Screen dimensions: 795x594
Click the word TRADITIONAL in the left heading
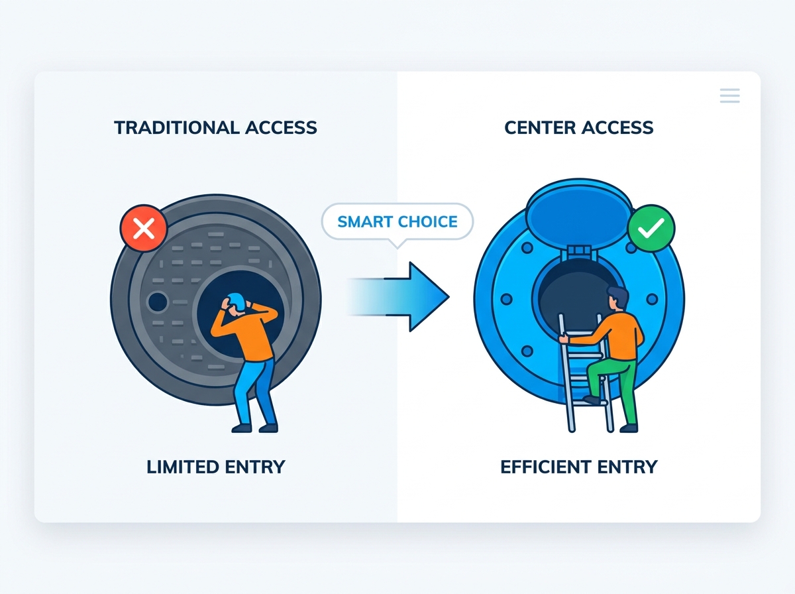[176, 128]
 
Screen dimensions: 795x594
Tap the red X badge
[144, 229]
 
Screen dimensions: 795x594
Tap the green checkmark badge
[651, 228]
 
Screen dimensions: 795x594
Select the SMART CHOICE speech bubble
[397, 222]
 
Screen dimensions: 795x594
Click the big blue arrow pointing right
[398, 297]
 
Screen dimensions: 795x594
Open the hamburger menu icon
[729, 95]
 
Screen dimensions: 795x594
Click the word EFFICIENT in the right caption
[545, 467]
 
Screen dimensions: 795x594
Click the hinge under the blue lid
[579, 252]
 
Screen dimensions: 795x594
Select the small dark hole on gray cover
[158, 302]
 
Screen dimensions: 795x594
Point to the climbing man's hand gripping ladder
[564, 339]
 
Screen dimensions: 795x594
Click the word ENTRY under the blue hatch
[627, 467]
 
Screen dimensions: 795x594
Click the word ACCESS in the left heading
[281, 128]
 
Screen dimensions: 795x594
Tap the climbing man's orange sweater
[615, 336]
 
